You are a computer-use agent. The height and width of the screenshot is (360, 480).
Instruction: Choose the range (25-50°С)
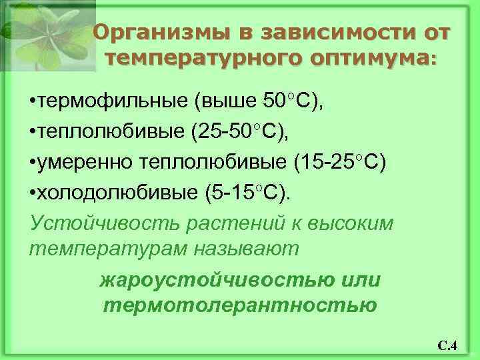tap(241, 131)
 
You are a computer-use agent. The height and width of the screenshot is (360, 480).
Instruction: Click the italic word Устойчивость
tap(86, 221)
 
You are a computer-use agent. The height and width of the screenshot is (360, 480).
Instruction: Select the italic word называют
tap(246, 249)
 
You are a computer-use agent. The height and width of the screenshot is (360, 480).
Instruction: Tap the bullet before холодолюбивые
tap(33, 193)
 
